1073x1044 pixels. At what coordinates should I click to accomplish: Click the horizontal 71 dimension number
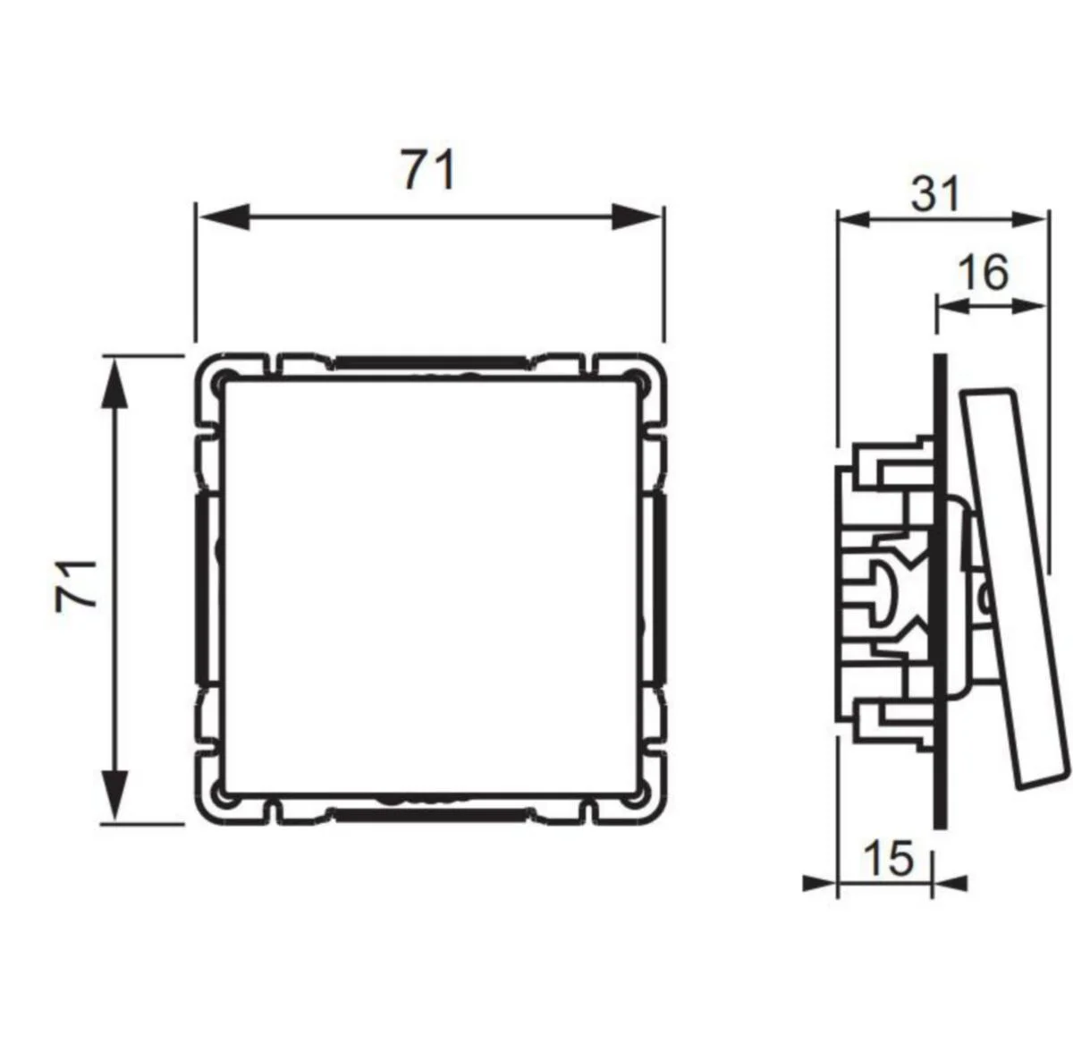coord(428,169)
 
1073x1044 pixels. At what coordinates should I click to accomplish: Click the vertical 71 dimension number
coord(76,586)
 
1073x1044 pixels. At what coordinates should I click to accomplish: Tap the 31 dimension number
coord(935,193)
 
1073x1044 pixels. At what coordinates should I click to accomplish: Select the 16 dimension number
coord(983,272)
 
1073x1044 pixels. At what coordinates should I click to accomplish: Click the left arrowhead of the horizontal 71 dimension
coord(224,216)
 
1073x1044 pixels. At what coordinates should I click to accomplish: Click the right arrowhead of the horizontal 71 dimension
coord(636,216)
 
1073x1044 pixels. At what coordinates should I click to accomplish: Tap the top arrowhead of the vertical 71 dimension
coord(114,383)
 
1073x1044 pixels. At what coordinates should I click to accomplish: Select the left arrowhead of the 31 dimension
coord(854,219)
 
